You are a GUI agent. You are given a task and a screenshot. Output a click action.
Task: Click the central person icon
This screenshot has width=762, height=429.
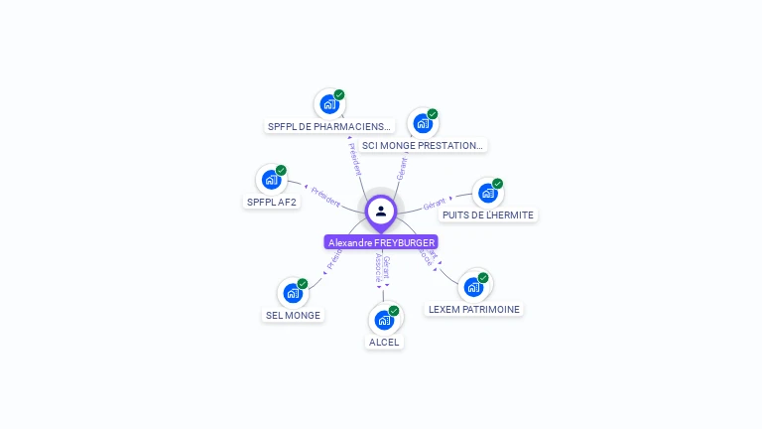(x=381, y=211)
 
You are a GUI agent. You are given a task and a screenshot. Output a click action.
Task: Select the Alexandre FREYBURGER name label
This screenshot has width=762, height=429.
(x=381, y=242)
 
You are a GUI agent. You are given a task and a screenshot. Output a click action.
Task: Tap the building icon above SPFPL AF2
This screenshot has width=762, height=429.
(x=270, y=181)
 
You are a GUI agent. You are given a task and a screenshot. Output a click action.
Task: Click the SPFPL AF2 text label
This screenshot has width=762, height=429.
(x=271, y=202)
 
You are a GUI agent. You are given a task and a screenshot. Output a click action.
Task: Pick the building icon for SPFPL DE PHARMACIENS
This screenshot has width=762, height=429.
(x=328, y=104)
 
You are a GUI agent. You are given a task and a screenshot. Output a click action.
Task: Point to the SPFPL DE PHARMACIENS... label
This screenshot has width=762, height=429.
(x=329, y=126)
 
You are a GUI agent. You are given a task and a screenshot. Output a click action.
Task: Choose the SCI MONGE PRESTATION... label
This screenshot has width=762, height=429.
(x=423, y=145)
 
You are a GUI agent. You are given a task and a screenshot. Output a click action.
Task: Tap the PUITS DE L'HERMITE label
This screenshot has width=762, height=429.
(x=488, y=214)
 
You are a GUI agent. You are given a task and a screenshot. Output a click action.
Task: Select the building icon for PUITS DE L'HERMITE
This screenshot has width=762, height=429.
(x=487, y=194)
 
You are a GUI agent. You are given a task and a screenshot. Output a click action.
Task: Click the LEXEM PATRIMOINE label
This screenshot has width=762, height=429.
(x=474, y=309)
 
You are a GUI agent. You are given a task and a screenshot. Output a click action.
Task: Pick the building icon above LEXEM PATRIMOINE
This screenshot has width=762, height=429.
(x=473, y=287)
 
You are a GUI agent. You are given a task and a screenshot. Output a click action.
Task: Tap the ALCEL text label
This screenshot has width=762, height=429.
(x=384, y=342)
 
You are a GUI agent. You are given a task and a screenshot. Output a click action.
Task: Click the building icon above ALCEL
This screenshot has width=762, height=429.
(x=384, y=321)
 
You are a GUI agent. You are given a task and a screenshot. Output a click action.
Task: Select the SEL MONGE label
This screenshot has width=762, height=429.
(x=293, y=315)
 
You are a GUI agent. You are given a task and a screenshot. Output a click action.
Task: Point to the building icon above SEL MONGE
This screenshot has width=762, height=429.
(x=292, y=294)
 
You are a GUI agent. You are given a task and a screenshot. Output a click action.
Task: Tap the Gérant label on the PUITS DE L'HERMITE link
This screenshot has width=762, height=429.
(x=435, y=205)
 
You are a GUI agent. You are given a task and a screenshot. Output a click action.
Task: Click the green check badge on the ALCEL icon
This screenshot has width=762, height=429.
(x=394, y=311)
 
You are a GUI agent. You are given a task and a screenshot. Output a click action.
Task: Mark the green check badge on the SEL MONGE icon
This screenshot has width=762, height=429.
(x=303, y=284)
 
